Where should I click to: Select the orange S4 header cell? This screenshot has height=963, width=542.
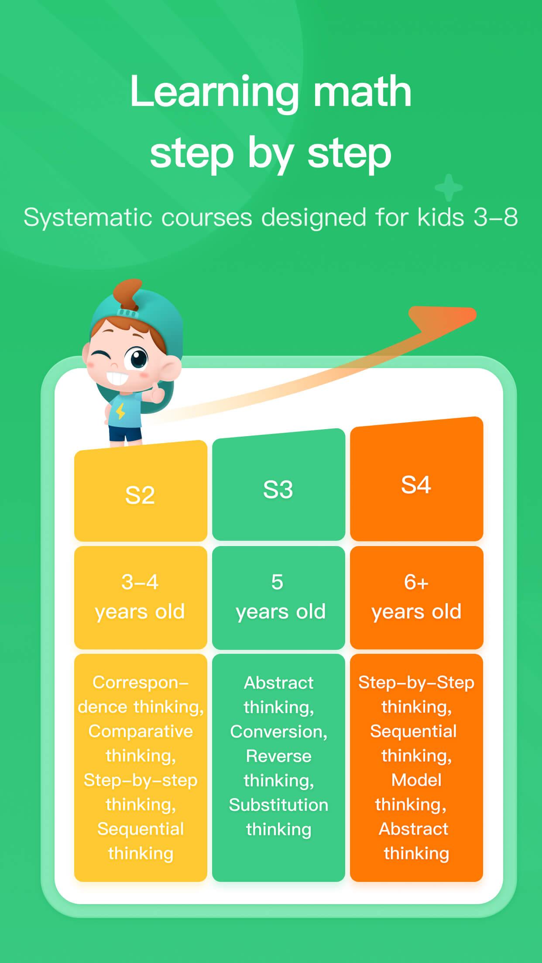pyautogui.click(x=416, y=479)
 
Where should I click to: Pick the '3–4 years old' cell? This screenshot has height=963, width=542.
pyautogui.click(x=141, y=597)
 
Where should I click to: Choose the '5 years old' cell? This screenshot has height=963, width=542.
pyautogui.click(x=278, y=597)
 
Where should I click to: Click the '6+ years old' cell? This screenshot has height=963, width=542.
pyautogui.click(x=416, y=597)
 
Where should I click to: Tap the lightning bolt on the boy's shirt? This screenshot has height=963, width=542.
pyautogui.click(x=120, y=411)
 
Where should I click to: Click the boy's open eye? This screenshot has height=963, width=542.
pyautogui.click(x=137, y=358)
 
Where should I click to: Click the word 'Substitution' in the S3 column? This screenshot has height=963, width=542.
pyautogui.click(x=278, y=805)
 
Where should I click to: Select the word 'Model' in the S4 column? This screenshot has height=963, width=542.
pyautogui.click(x=416, y=780)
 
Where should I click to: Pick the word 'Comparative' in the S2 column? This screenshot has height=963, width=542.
pyautogui.click(x=141, y=731)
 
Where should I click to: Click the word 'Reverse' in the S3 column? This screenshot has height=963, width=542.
pyautogui.click(x=278, y=756)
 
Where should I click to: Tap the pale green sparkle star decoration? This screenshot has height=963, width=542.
pyautogui.click(x=449, y=188)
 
